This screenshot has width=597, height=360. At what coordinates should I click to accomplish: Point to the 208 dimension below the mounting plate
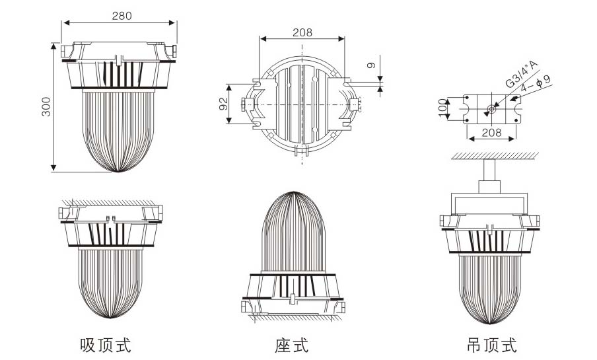pos(491,133)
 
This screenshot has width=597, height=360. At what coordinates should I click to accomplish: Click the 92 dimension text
pos(223,104)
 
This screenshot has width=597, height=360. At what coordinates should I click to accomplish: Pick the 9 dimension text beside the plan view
pos(372,65)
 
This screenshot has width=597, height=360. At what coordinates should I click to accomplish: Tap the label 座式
pos(292,344)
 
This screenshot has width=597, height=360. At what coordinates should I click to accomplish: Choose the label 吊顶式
pos(490,344)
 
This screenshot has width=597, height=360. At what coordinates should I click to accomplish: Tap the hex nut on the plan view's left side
pos(246,104)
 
